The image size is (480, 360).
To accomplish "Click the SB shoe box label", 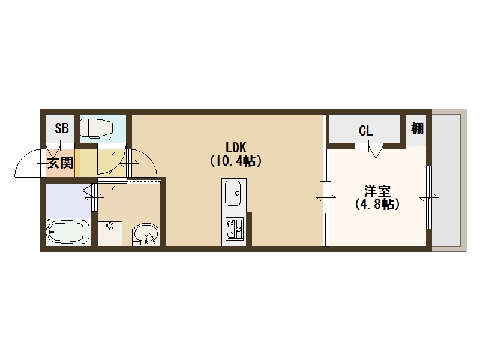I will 61,128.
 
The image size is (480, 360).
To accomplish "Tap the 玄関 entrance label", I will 61,163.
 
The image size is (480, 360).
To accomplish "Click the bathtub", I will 68,230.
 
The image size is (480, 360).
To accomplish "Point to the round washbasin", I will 146,235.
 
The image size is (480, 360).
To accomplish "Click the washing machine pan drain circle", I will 109,226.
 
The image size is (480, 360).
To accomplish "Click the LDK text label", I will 236,147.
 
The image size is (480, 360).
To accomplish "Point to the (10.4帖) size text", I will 236,161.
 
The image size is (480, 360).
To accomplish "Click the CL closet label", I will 366,130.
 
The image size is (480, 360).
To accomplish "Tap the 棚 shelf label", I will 417,128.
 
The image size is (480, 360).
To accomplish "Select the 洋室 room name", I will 377,191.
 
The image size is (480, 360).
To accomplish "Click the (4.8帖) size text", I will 377,205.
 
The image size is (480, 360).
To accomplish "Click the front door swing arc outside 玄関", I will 29,163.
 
